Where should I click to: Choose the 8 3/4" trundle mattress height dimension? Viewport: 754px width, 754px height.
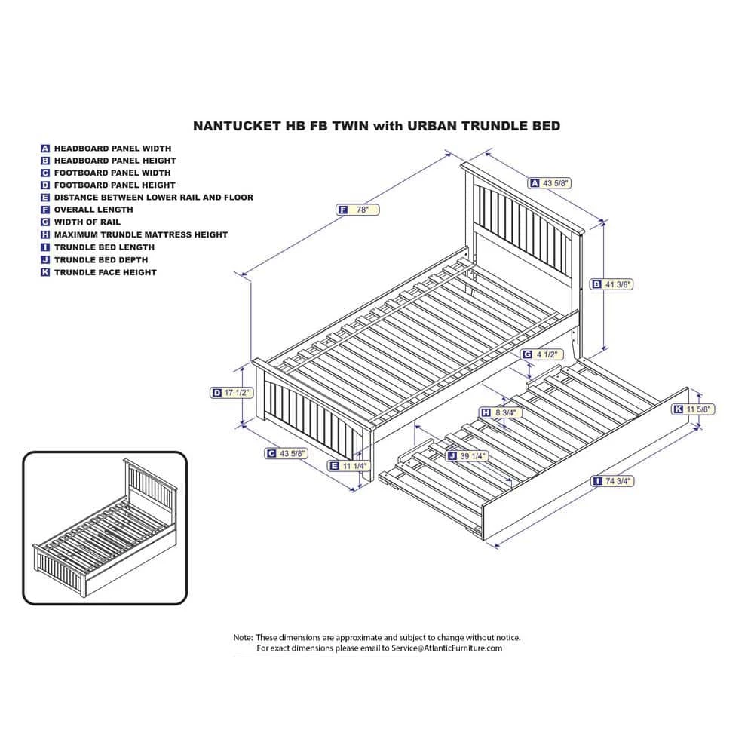coord(504,412)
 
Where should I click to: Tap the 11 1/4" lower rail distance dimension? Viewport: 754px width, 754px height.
coord(353,466)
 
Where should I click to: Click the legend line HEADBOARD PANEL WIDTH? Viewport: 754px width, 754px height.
coord(112,149)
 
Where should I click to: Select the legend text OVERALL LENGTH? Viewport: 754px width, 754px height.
coord(93,210)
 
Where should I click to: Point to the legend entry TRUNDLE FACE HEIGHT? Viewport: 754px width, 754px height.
coord(105,272)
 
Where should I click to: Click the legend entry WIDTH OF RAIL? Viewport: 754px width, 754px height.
coord(87,222)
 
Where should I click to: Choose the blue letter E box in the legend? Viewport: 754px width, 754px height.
coord(45,198)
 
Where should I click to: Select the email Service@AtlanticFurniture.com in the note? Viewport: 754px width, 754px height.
coord(447,648)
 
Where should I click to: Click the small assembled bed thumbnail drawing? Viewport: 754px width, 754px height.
coord(104,528)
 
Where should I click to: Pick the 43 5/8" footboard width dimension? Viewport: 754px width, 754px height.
coord(290,454)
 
